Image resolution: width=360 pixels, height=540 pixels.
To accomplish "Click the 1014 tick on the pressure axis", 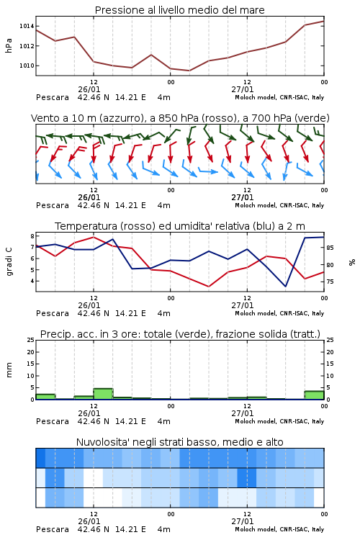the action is pos(26,26).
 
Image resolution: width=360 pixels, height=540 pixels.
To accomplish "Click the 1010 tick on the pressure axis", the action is pos(26,66).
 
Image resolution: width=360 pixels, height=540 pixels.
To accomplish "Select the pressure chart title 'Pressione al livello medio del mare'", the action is pos(180,10).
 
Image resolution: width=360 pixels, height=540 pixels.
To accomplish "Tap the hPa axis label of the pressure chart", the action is pos(9,45).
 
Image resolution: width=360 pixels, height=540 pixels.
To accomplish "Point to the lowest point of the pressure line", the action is pos(189,71).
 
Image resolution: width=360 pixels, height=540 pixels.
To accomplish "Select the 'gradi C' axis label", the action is pos(9,261).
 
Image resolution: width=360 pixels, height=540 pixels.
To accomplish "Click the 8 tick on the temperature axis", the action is pos(32,236).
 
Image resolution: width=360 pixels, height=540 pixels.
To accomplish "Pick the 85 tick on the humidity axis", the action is pos(330,248).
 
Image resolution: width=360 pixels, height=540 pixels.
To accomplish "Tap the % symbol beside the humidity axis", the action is pos(352,262).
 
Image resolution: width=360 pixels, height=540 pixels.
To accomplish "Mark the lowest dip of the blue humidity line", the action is pos(285,286).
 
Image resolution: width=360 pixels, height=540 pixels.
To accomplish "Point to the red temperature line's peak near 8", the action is pos(94,237).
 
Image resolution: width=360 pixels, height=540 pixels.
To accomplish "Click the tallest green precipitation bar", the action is pos(103,394).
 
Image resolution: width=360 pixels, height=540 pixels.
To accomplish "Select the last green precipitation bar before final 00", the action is pos(314,395).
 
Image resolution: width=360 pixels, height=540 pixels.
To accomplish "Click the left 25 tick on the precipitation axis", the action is pos(31,341).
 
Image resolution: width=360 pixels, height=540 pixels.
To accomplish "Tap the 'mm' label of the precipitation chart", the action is pos(9,369).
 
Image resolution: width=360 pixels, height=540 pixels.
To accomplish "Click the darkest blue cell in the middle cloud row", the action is pos(247,477).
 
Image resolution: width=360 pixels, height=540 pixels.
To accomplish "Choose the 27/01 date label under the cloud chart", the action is pos(242,521).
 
